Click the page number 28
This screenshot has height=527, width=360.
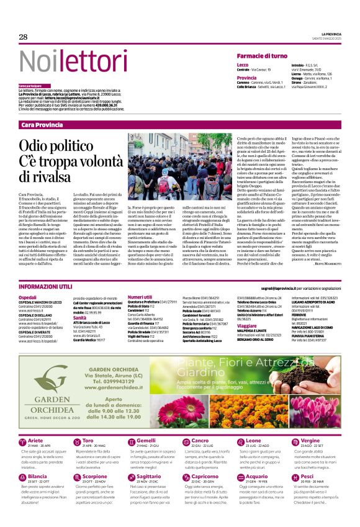23,37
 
